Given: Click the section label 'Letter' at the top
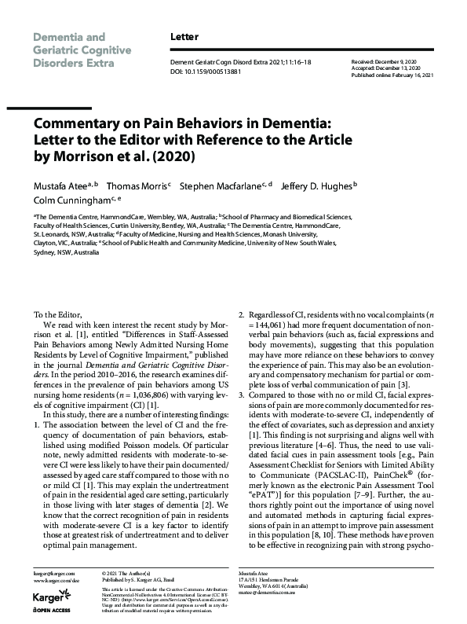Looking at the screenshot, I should (x=184, y=37).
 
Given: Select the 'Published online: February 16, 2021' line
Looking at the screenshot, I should (x=392, y=75).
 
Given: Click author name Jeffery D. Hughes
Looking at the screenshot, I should (x=316, y=186).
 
